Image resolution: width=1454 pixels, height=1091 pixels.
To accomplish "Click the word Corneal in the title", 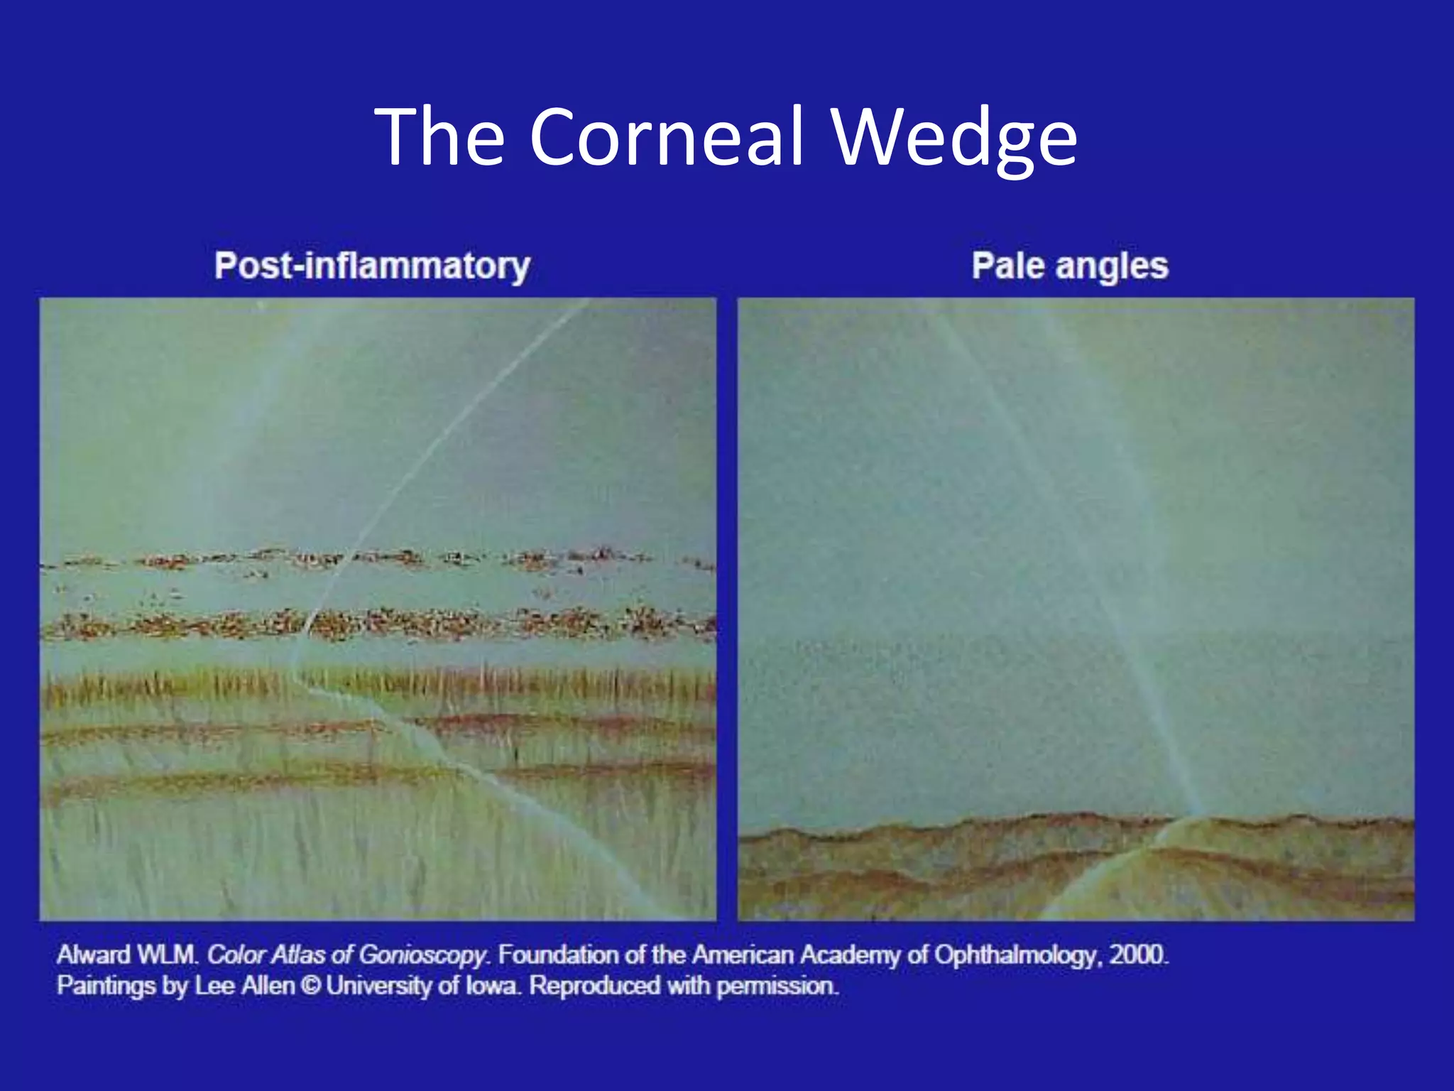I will pyautogui.click(x=667, y=137).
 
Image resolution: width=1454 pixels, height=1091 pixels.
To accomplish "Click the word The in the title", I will pyautogui.click(x=439, y=137).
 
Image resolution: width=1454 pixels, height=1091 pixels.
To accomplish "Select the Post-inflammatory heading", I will pyautogui.click(x=372, y=266).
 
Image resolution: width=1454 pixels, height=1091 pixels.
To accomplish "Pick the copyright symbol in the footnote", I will pyautogui.click(x=310, y=986).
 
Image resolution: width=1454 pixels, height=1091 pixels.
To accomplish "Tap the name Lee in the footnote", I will pyautogui.click(x=215, y=986).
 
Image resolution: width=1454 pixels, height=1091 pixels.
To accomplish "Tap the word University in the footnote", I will pyautogui.click(x=378, y=986).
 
